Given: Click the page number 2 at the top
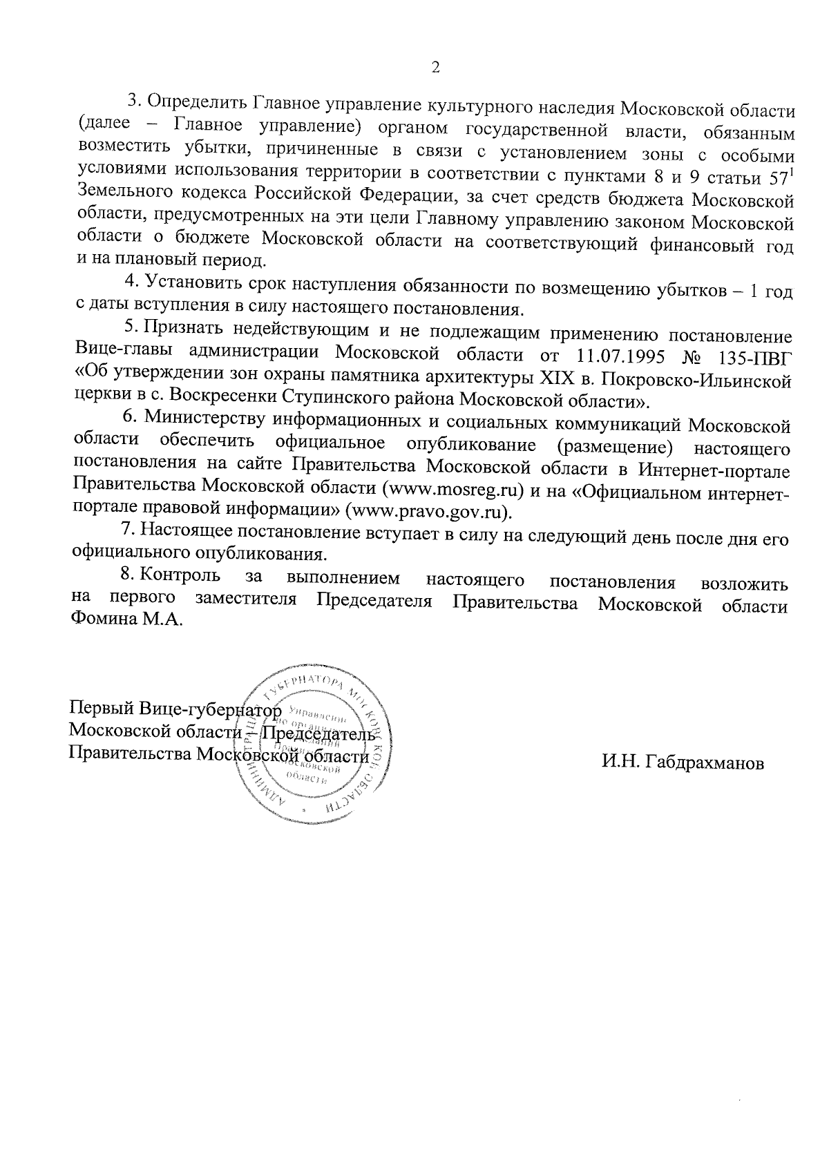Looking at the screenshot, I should click(x=435, y=68).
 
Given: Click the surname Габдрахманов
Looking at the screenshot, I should click(x=683, y=763).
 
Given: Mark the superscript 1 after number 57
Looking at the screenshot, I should click(x=790, y=170).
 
